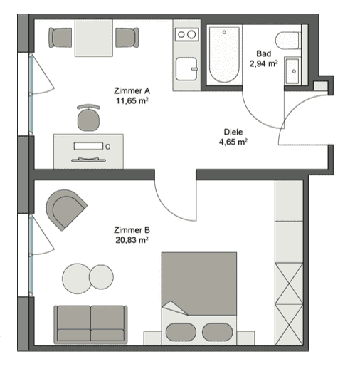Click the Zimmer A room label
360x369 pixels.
132,90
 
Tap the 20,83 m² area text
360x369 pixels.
132,240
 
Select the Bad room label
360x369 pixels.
263,53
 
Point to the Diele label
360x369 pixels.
233,132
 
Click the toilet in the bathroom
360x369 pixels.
288,41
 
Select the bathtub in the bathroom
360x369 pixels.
224,55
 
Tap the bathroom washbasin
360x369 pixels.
292,71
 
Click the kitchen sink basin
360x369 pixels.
186,68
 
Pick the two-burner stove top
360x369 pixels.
187,35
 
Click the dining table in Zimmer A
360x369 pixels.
94,38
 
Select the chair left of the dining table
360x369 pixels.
60,38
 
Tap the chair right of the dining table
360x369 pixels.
127,38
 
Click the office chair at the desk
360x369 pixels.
88,118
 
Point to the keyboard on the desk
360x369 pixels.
88,146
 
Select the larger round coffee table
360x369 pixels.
77,279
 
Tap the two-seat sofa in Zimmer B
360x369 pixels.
90,324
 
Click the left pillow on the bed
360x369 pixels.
181,332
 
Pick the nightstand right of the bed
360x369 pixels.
245,338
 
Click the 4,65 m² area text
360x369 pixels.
233,142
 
